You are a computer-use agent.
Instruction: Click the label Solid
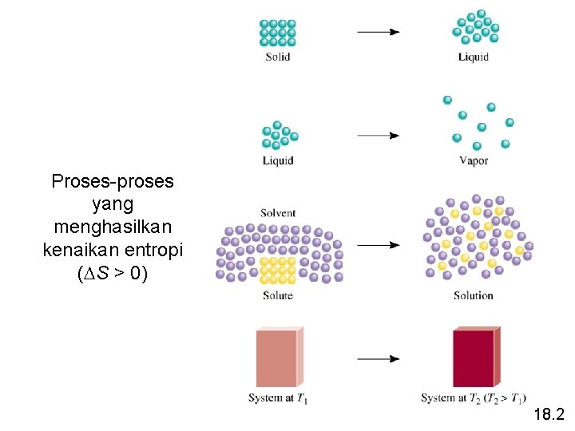[278, 57]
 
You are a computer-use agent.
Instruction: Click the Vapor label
[474, 160]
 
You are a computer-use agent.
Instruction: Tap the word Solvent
[278, 213]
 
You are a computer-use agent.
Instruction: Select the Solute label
[278, 295]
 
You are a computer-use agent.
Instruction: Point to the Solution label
[474, 295]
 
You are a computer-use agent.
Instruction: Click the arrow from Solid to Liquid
[379, 32]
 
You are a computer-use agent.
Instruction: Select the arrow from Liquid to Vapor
[379, 136]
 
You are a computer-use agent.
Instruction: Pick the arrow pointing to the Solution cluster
[379, 245]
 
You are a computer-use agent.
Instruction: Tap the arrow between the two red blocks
[379, 359]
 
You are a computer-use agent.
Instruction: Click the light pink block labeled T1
[280, 357]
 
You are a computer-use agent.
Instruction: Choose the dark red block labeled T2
[477, 357]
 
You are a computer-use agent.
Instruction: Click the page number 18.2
[549, 414]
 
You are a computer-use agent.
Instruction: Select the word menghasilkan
[113, 227]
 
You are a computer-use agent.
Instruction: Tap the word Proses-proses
[113, 182]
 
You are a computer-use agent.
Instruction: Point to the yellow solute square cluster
[278, 271]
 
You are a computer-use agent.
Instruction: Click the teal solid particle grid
[278, 33]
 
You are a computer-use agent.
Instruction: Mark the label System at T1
[278, 398]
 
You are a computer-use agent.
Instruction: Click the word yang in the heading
[113, 205]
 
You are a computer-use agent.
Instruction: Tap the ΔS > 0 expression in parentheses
[113, 273]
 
